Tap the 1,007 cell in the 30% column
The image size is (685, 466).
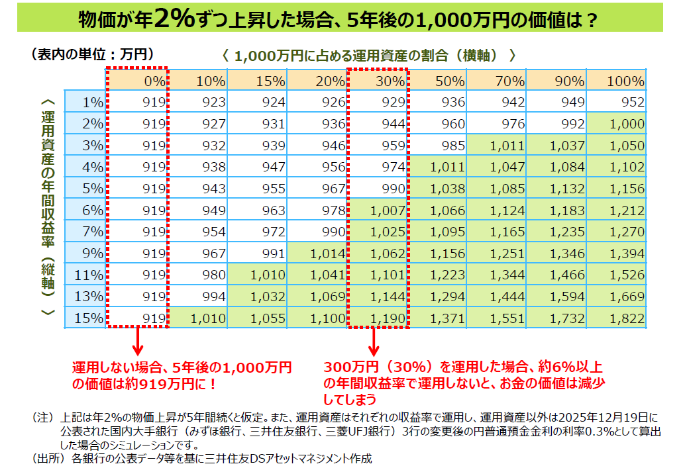[378, 210]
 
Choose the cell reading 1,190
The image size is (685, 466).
[378, 318]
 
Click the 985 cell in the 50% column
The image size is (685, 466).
[437, 146]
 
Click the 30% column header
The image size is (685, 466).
[378, 81]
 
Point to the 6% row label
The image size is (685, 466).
[85, 210]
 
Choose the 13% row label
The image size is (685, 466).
[85, 297]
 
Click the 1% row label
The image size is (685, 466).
[85, 102]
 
